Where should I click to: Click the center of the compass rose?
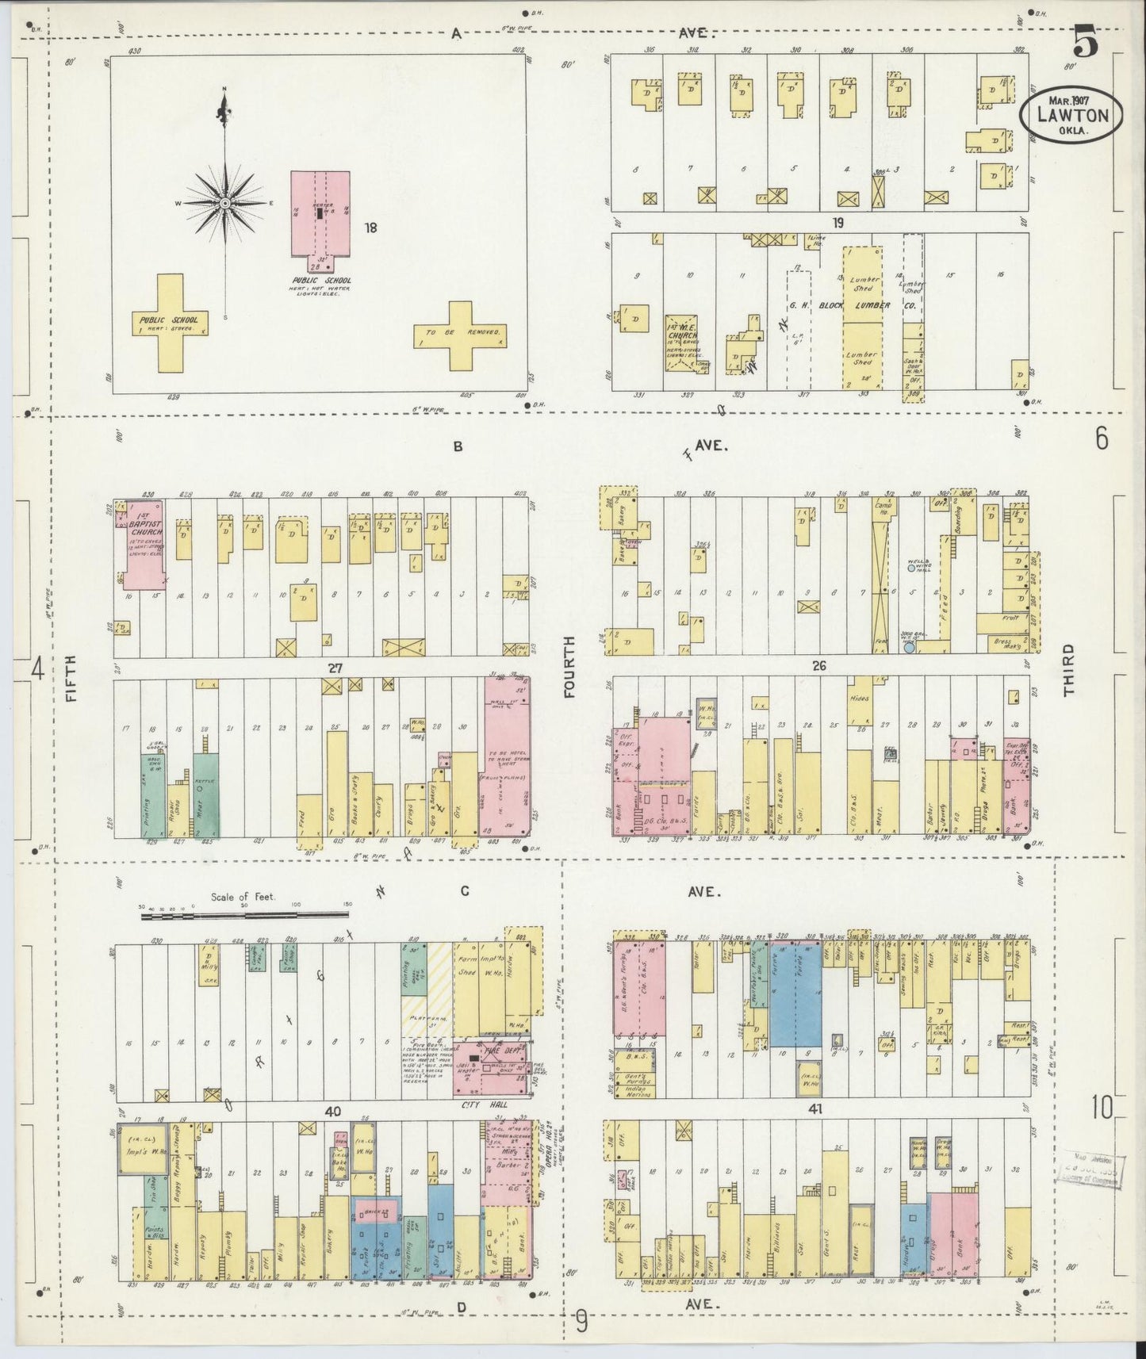point(225,204)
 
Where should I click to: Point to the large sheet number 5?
point(1087,41)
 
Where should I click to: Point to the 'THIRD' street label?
point(1069,669)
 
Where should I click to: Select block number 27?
point(335,668)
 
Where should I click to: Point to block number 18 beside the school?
point(370,228)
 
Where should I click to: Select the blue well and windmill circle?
point(910,568)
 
